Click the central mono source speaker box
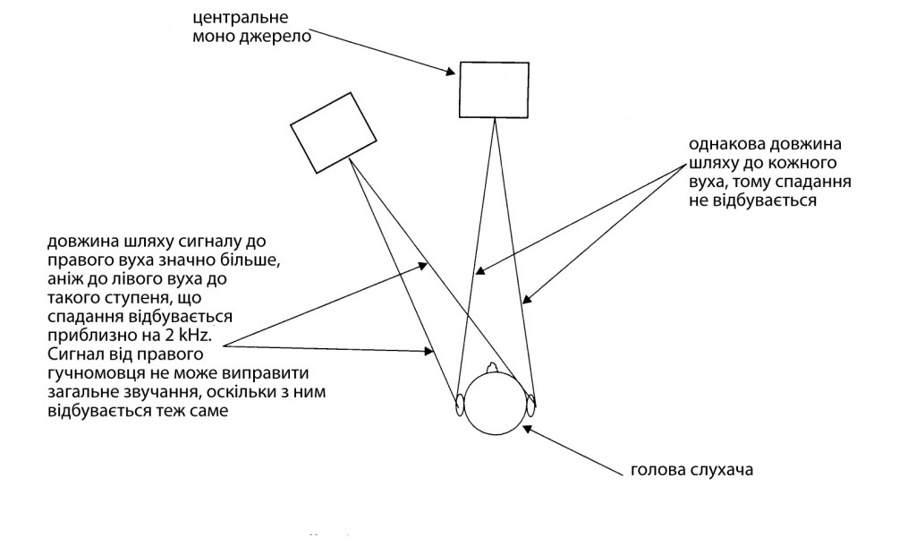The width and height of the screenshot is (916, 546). point(495,90)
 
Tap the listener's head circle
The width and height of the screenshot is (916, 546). point(496,401)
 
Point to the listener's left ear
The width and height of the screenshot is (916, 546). point(461,405)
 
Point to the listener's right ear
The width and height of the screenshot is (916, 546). point(531,404)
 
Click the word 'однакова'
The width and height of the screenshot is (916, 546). point(722,145)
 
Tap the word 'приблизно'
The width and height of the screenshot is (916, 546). point(83,335)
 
